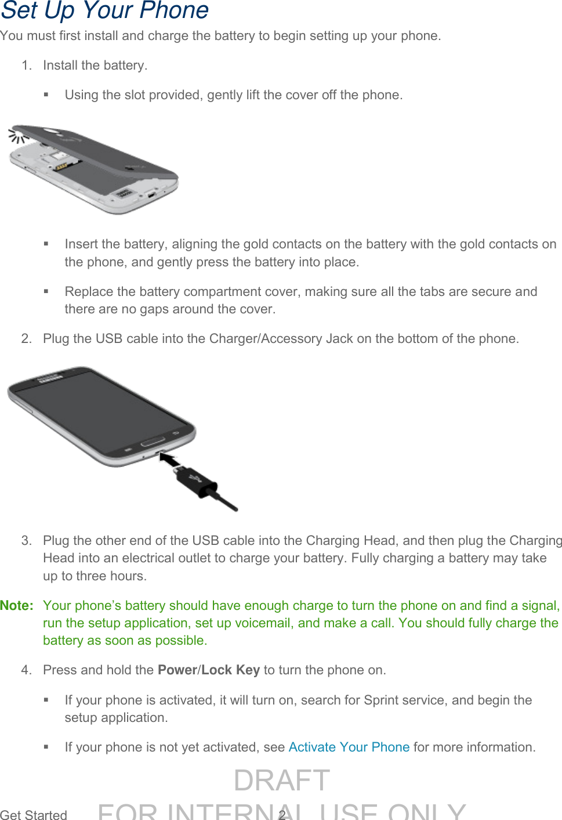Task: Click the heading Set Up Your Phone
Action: click(104, 11)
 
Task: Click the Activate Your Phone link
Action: click(349, 747)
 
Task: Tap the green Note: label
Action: click(17, 605)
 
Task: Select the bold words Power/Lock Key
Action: click(208, 670)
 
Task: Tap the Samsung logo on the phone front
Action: click(49, 378)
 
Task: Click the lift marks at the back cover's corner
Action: click(18, 137)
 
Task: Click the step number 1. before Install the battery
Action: click(26, 66)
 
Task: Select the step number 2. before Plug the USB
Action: click(26, 338)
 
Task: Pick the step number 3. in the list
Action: click(26, 540)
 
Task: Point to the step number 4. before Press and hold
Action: click(26, 670)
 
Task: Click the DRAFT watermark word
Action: click(282, 780)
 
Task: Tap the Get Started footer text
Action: click(34, 814)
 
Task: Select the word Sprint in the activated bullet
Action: click(383, 700)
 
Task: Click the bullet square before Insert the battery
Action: click(46, 244)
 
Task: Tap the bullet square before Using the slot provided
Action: click(46, 95)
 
